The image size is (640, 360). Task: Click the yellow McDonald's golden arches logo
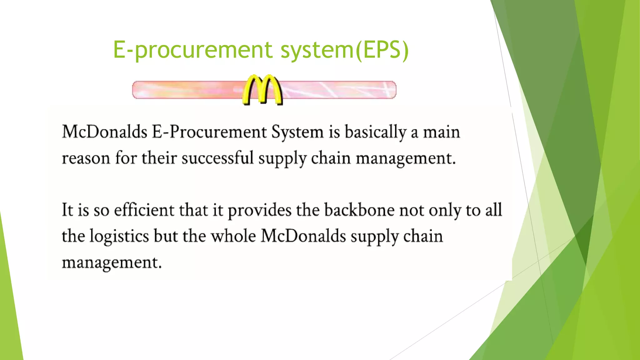point(263,90)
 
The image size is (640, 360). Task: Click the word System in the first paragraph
point(297,132)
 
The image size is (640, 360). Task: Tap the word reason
point(86,158)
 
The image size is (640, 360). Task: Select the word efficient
point(144,210)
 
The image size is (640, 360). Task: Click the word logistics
point(119,236)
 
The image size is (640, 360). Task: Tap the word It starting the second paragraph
point(67,210)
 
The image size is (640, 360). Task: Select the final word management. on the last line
point(112,262)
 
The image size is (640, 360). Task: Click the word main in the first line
point(441,132)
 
